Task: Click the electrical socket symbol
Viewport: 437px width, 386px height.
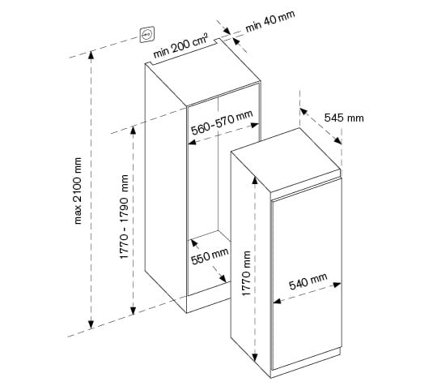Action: (147, 35)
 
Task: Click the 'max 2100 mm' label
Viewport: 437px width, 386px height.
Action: (78, 191)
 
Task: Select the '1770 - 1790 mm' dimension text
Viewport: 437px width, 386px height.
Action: (124, 217)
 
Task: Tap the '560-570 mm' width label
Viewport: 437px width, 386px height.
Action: (222, 122)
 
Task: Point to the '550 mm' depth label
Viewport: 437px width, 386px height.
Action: (210, 256)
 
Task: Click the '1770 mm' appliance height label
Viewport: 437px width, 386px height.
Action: (246, 273)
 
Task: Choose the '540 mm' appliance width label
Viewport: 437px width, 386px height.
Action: (308, 281)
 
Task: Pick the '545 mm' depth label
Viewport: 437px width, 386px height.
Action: (344, 118)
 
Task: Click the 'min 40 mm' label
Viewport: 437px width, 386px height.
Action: (270, 21)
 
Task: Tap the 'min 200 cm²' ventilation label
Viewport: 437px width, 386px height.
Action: (180, 45)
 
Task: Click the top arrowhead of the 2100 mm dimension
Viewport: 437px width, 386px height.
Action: (91, 55)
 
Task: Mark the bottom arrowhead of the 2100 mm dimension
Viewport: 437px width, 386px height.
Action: (91, 324)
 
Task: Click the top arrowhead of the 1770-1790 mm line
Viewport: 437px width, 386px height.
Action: (134, 131)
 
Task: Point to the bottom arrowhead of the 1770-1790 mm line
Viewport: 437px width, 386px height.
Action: (134, 311)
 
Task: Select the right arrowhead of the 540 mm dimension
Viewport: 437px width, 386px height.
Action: (337, 285)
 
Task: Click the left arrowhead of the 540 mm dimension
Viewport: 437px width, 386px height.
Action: (277, 301)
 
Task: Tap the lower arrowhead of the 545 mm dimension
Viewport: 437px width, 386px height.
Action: (338, 140)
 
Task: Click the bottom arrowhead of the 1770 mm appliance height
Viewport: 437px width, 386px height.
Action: (254, 357)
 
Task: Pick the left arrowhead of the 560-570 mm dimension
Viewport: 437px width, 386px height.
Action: (192, 142)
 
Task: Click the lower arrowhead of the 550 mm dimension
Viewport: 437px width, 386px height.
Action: (223, 278)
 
